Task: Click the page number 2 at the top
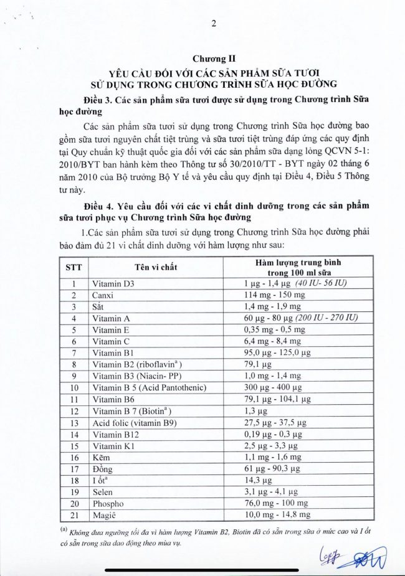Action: click(214, 24)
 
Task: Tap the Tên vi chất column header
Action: click(156, 267)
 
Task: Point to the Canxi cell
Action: click(104, 295)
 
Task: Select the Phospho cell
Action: click(108, 503)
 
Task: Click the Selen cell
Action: click(104, 492)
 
